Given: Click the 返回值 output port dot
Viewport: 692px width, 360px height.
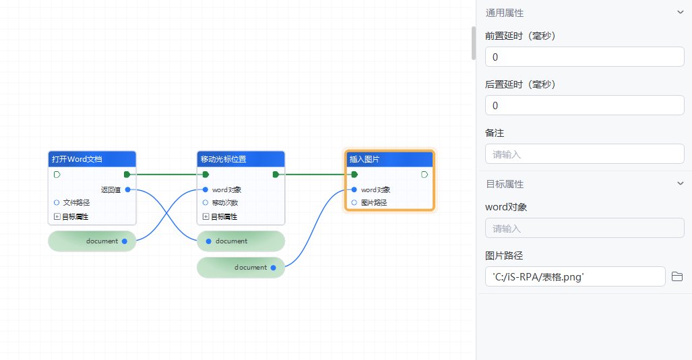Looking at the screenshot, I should click(x=127, y=189).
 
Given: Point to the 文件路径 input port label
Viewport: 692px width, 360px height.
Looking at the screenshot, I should click(x=76, y=202).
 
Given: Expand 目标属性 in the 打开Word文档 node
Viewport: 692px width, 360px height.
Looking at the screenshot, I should click(x=57, y=216).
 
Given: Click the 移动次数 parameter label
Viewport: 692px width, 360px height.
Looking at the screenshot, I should click(x=224, y=202).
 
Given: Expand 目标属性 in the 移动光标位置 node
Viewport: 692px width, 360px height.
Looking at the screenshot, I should click(x=206, y=216).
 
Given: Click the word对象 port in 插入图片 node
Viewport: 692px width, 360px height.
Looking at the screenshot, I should click(x=354, y=189).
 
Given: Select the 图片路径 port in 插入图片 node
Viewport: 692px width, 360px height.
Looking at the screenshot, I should click(x=354, y=202).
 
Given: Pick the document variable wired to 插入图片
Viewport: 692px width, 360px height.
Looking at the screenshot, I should click(x=241, y=267).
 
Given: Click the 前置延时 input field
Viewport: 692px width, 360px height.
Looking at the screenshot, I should click(x=584, y=57).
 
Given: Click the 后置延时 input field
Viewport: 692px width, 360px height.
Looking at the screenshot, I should click(x=584, y=105).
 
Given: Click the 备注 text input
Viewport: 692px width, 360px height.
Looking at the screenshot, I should click(x=584, y=154).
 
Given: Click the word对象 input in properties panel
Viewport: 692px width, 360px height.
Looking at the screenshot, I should click(x=584, y=228).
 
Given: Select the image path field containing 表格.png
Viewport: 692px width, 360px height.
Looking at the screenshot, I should click(x=575, y=276).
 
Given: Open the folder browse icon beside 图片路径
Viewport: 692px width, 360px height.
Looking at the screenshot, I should click(x=677, y=276).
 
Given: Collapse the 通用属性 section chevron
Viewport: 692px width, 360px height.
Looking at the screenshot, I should click(x=680, y=12).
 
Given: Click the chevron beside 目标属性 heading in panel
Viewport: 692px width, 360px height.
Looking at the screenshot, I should click(x=680, y=183).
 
